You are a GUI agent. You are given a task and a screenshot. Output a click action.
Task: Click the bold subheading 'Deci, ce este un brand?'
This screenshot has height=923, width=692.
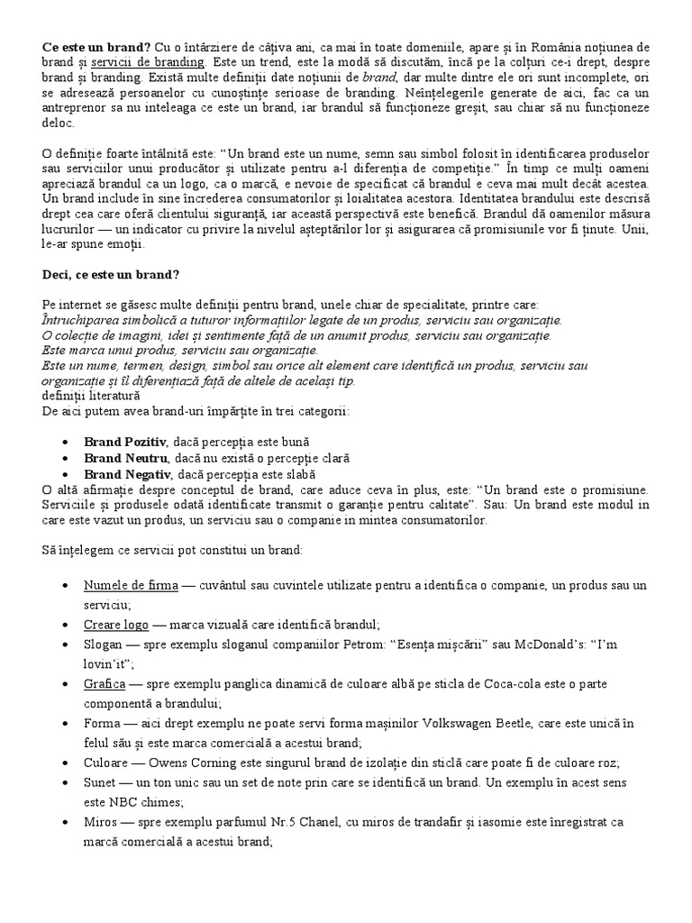(x=114, y=275)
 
